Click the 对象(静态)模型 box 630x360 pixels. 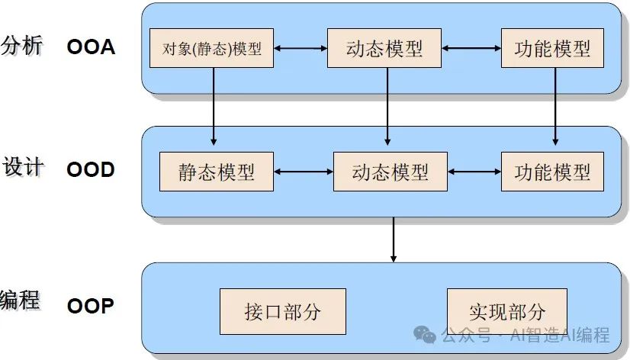pyautogui.click(x=211, y=49)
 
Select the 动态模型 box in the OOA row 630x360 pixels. pyautogui.click(x=384, y=49)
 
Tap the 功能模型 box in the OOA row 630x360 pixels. pyautogui.click(x=552, y=49)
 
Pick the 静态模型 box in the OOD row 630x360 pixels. pyautogui.click(x=217, y=171)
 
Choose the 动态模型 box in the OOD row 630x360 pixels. pyautogui.click(x=390, y=171)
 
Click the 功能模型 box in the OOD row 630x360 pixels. pyautogui.click(x=551, y=171)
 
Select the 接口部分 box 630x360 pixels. pyautogui.click(x=282, y=311)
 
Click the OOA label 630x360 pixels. pyautogui.click(x=91, y=47)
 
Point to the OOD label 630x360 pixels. pyautogui.click(x=91, y=169)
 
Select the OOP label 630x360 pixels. pyautogui.click(x=91, y=307)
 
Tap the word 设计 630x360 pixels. pyautogui.click(x=22, y=167)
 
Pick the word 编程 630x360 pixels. pyautogui.click(x=21, y=299)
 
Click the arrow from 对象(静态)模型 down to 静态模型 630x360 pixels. pyautogui.click(x=213, y=107)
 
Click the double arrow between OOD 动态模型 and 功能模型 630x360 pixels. pyautogui.click(x=473, y=171)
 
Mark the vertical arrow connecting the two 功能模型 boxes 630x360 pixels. pyautogui.click(x=554, y=107)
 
